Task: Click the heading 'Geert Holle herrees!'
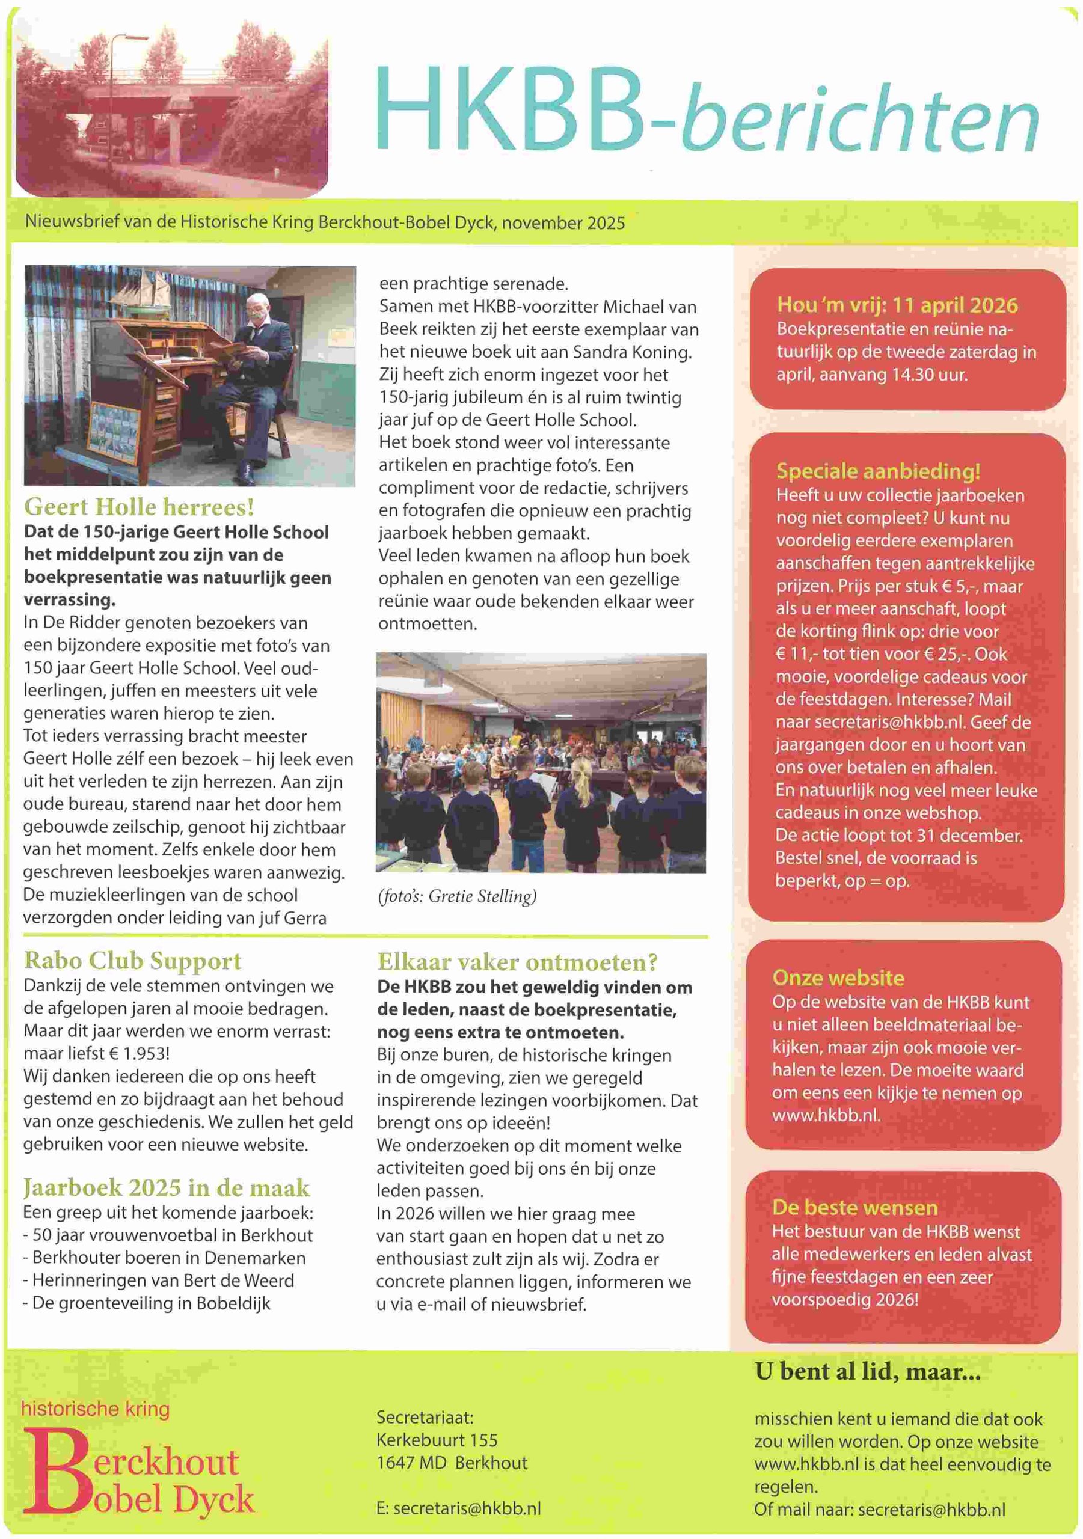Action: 139,506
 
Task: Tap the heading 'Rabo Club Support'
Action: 132,961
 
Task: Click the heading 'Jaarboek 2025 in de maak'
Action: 167,1187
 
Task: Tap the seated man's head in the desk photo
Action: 258,309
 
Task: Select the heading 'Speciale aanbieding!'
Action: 878,471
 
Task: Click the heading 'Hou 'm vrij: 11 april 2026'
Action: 897,305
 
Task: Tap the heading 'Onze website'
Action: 838,978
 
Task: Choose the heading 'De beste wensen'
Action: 854,1207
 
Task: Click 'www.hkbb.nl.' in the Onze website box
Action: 826,1115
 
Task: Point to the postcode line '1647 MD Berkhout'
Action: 452,1463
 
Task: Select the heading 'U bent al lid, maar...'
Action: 867,1372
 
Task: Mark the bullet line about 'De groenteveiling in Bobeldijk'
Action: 146,1303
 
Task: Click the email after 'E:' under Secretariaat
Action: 467,1508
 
